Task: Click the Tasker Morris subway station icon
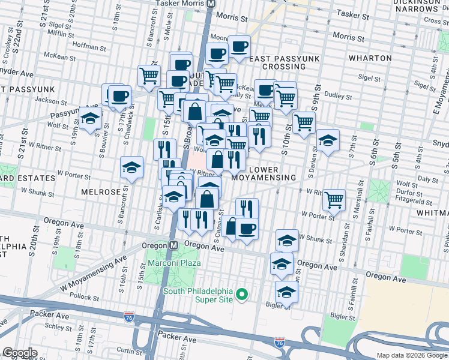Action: pos(211,4)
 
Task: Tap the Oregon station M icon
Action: pos(173,245)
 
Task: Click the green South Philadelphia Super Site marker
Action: pos(242,294)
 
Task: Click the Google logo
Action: pos(20,353)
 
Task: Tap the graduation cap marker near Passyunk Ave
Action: pos(90,118)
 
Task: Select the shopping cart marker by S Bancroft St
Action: pos(149,76)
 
